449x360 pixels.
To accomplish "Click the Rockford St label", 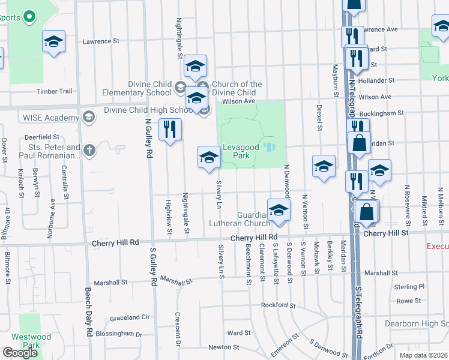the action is (x=279, y=305).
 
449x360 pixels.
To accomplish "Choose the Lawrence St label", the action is (x=101, y=41).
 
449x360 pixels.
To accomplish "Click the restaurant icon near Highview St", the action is (x=170, y=129).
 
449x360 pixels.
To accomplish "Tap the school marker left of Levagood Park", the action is (x=209, y=158).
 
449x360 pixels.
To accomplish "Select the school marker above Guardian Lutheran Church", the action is (x=279, y=211).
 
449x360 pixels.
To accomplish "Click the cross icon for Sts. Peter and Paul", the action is (x=89, y=150).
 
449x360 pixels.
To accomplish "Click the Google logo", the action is (x=20, y=353).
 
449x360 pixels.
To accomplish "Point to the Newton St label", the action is (x=224, y=347).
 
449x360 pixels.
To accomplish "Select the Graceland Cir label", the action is (x=129, y=317).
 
